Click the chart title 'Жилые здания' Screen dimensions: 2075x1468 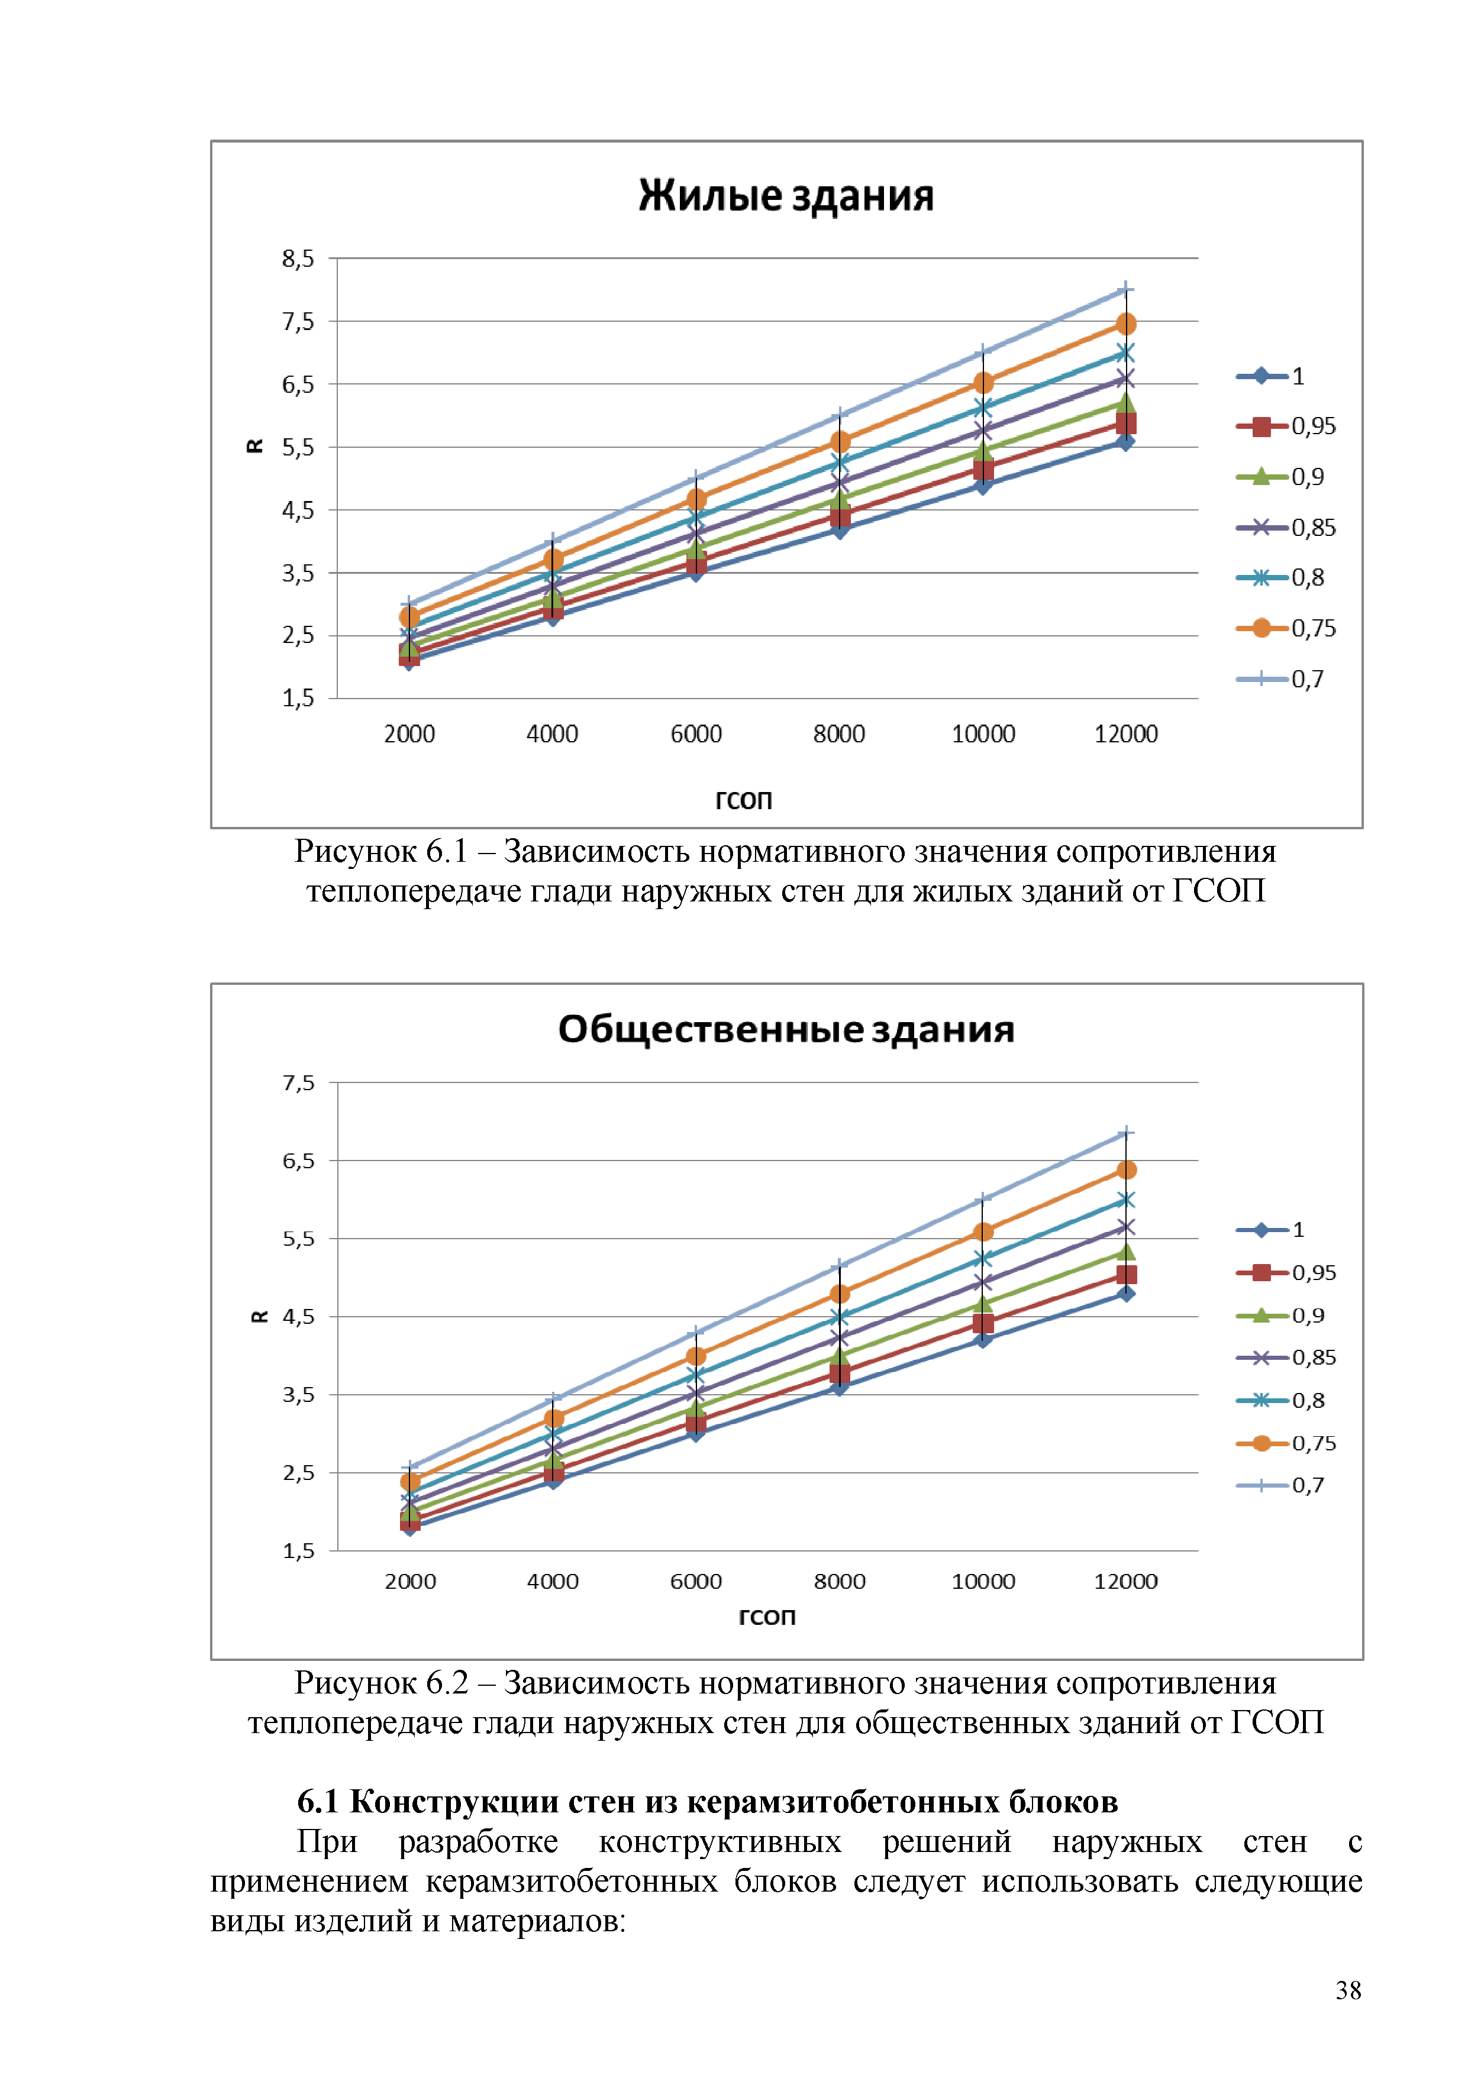click(786, 196)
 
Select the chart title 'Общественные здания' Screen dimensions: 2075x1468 click(786, 1029)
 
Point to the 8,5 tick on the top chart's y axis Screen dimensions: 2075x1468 click(298, 259)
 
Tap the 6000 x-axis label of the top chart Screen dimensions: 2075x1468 click(695, 734)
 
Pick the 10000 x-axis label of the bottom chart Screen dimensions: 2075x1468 click(983, 1582)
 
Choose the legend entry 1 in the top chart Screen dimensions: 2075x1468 click(1297, 376)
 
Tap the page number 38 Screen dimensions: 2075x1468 click(1348, 1990)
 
